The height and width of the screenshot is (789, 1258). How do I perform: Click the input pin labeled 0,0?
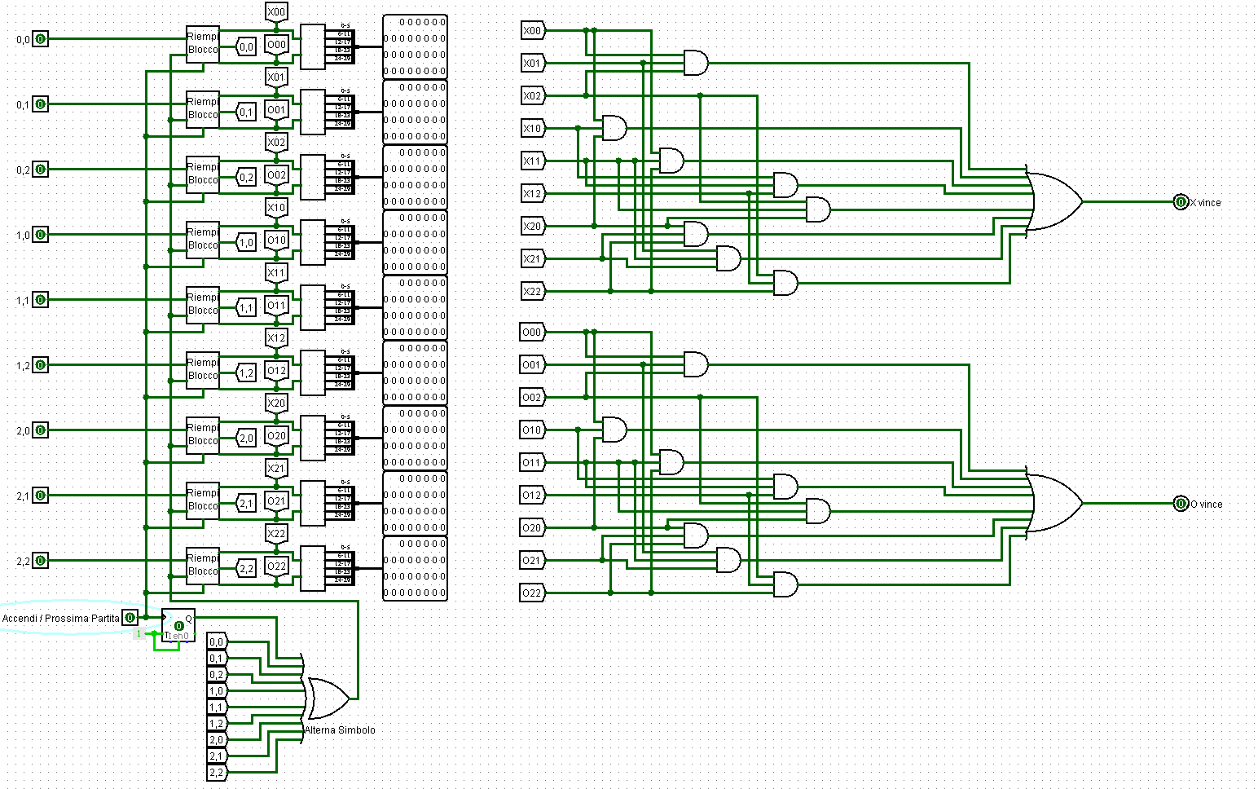click(x=40, y=39)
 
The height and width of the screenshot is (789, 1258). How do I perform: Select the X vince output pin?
click(x=1181, y=202)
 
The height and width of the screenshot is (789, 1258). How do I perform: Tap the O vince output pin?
click(x=1181, y=504)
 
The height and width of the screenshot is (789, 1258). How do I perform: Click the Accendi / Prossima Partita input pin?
click(x=130, y=618)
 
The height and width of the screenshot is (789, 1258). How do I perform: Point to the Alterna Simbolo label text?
click(x=341, y=730)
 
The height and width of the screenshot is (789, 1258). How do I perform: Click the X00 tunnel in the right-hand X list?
click(x=532, y=31)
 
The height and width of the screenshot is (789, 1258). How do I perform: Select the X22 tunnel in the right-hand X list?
click(x=532, y=292)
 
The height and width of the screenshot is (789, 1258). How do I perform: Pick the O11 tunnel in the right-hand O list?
click(x=532, y=463)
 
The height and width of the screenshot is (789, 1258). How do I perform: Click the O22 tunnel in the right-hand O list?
click(x=532, y=593)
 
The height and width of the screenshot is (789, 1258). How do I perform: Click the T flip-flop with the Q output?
click(x=178, y=625)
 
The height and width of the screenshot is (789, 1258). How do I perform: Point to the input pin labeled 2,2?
click(x=40, y=561)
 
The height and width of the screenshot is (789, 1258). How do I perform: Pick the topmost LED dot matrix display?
click(x=415, y=46)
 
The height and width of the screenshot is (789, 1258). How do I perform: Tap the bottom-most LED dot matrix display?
click(x=415, y=568)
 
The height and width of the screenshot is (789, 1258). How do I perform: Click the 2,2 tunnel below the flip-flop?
click(x=217, y=773)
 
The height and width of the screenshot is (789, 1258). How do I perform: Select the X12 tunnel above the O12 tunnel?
click(x=277, y=338)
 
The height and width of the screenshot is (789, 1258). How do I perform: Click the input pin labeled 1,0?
click(x=40, y=235)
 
